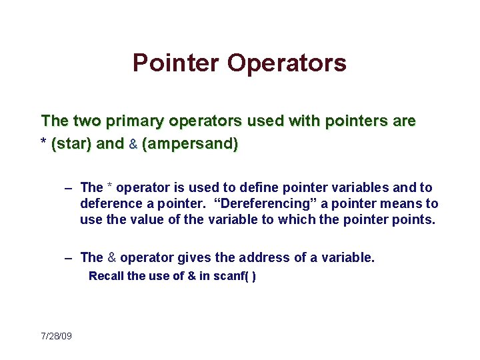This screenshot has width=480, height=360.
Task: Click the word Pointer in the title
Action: click(176, 63)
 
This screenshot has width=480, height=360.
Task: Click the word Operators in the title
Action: click(287, 63)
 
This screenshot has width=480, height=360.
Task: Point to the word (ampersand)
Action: click(190, 143)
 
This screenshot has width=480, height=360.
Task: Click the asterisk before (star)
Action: click(44, 143)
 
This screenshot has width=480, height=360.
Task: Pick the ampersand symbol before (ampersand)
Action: click(133, 143)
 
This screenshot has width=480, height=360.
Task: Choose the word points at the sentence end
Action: click(414, 220)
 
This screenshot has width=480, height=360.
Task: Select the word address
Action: click(247, 257)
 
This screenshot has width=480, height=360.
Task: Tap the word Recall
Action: click(106, 276)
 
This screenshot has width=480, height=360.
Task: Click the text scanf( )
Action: click(234, 276)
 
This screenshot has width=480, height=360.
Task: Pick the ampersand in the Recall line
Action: click(191, 276)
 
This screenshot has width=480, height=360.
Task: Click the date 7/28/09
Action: click(56, 335)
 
